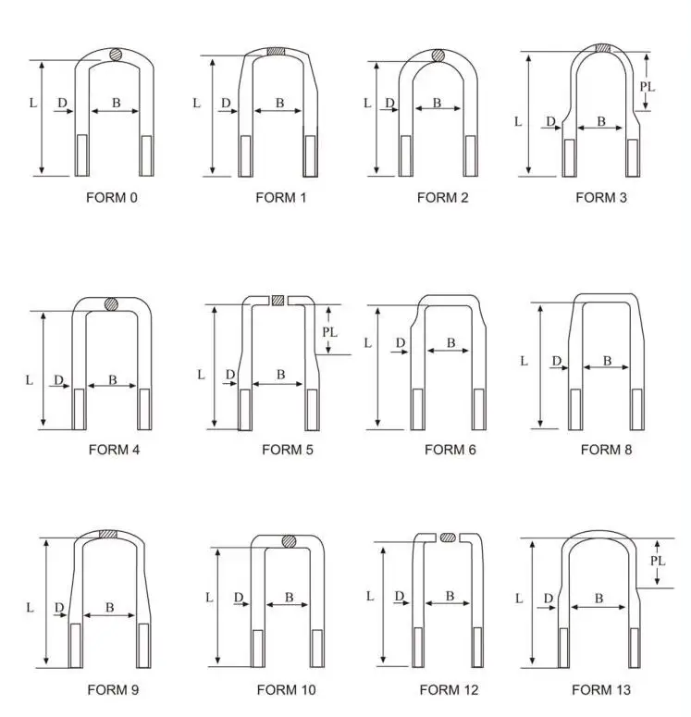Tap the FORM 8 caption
(606, 450)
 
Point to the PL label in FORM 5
(329, 331)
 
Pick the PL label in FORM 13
(658, 561)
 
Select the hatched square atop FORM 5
(278, 299)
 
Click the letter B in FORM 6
(451, 343)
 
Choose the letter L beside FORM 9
(30, 608)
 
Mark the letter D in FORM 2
(389, 103)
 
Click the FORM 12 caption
(449, 689)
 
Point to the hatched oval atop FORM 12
(449, 537)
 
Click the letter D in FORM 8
(556, 361)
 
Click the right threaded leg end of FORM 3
(632, 157)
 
